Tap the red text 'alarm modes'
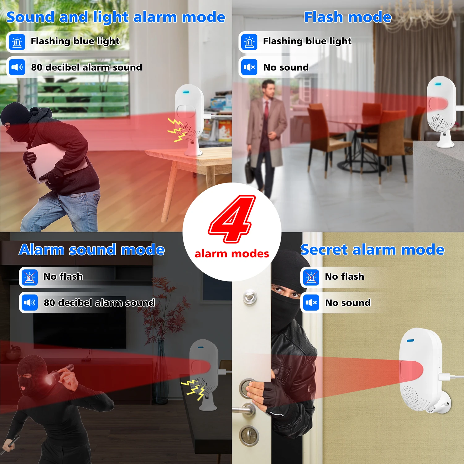[232, 254]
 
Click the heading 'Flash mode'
[348, 17]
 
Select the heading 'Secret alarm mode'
[372, 250]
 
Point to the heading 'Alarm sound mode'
[92, 250]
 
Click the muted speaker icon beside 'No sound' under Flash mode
[249, 67]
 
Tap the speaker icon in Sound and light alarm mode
[17, 67]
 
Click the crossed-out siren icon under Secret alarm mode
[311, 277]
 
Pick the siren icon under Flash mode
[249, 42]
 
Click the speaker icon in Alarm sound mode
[30, 303]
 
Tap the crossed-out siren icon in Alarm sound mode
[30, 277]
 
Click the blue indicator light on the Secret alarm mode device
[410, 341]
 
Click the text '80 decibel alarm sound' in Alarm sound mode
[99, 303]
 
